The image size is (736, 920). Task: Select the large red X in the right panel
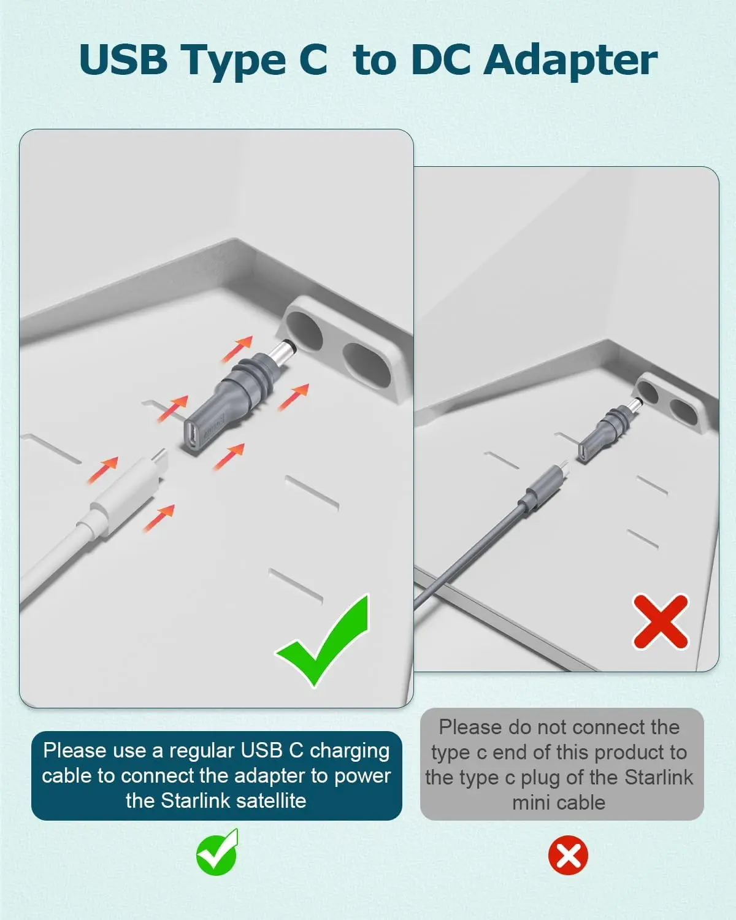tap(661, 621)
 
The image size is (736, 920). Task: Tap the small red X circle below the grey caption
tap(568, 855)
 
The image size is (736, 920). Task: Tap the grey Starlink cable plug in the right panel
tap(540, 491)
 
